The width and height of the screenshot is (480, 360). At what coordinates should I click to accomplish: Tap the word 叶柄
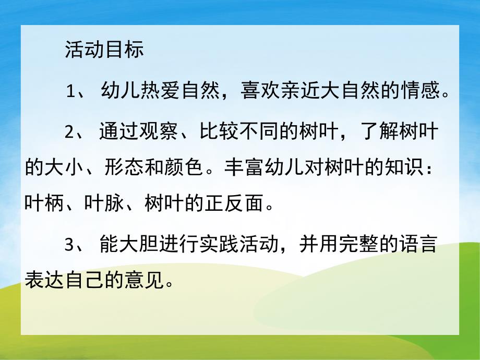tap(43, 201)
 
